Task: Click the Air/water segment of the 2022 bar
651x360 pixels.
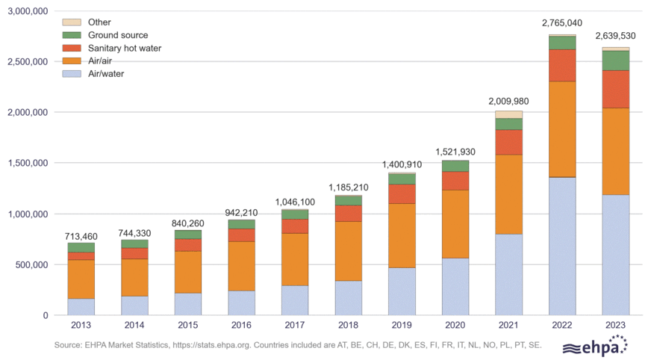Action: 562,246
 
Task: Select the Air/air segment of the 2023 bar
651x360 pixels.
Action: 616,152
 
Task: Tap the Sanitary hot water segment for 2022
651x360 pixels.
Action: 562,65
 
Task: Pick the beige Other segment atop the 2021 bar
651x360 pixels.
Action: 508,114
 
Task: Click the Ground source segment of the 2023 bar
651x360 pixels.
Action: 616,60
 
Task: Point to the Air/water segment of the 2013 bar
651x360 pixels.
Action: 81,306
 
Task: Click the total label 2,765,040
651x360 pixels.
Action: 562,24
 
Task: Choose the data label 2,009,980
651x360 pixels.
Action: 508,101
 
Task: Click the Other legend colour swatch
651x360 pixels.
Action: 71,22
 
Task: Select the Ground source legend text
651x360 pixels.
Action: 118,35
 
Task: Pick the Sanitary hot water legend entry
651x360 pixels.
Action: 124,49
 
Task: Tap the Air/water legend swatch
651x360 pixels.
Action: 71,74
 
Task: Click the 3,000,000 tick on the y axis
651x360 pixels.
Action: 25,11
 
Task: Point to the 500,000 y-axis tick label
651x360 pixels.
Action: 29,264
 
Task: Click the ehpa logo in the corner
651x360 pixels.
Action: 594,346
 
